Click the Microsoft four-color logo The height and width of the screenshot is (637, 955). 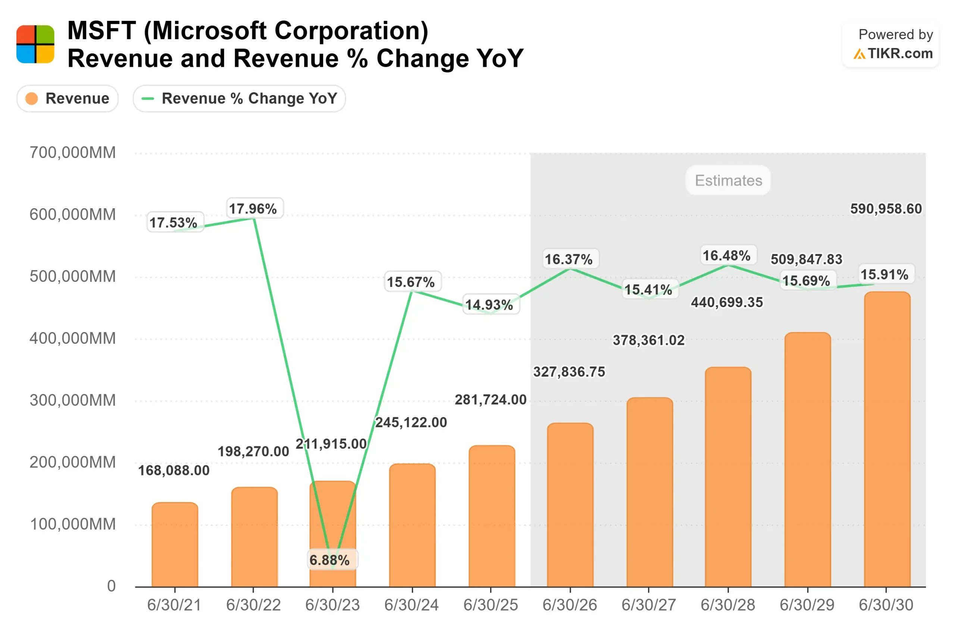point(35,44)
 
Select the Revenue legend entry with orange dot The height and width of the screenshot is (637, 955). point(68,98)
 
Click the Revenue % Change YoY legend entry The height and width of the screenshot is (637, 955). point(239,98)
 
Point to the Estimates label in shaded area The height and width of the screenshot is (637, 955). point(728,180)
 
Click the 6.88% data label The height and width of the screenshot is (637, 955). point(329,560)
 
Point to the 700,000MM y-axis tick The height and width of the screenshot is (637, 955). point(72,153)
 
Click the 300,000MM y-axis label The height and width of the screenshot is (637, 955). point(72,400)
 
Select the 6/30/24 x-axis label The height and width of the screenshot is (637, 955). point(411,605)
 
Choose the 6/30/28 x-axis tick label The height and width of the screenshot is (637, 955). point(727,605)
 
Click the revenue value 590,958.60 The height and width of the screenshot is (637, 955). point(886,209)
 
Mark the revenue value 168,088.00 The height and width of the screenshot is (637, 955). point(174,471)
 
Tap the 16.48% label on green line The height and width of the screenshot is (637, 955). point(726,256)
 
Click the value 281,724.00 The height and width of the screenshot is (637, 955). point(490,400)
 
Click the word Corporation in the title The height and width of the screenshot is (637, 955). point(351,31)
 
